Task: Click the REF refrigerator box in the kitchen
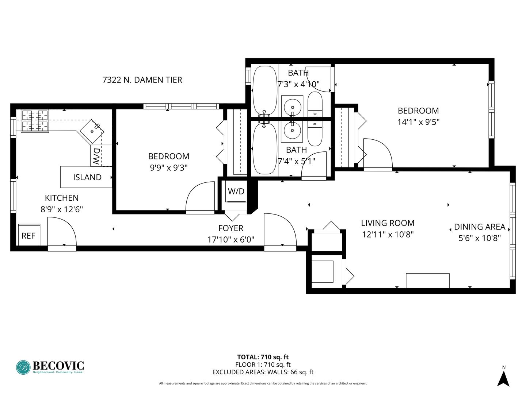coord(29,235)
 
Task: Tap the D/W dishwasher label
coord(96,156)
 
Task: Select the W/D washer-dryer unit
coord(236,191)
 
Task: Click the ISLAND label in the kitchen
coord(87,177)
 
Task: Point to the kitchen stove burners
coord(35,121)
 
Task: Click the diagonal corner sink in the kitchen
coord(92,131)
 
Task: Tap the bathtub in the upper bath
coord(265,90)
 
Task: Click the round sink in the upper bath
coord(292,107)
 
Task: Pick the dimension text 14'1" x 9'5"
coord(418,122)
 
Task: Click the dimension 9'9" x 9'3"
coord(169,168)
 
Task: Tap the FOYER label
coord(231,228)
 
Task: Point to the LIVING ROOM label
coord(388,223)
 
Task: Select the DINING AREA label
coord(480,227)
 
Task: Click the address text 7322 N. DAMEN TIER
coord(142,80)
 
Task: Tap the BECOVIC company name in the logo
coord(58,366)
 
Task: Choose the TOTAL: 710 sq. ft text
coord(263,357)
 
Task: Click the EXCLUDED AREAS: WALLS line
coord(263,372)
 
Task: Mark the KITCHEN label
coord(62,198)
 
